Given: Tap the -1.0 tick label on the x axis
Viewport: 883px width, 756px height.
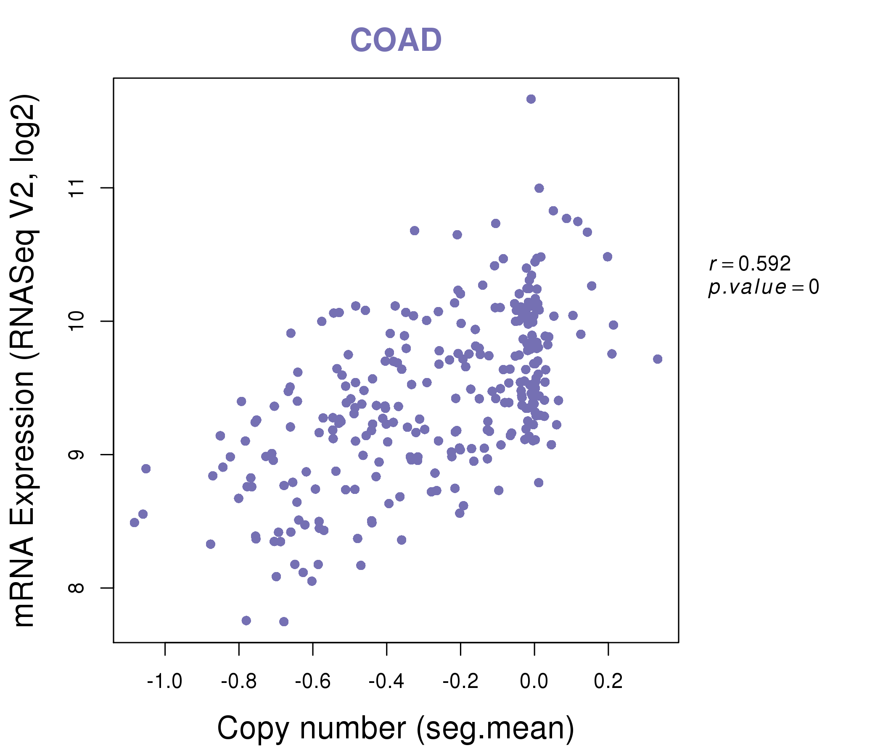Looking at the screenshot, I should pyautogui.click(x=164, y=682).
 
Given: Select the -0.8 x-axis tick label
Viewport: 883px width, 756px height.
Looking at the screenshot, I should pyautogui.click(x=239, y=682).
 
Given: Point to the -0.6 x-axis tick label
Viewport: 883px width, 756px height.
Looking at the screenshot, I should pyautogui.click(x=313, y=682).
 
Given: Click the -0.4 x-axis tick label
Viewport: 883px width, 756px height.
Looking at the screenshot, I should pyautogui.click(x=386, y=682).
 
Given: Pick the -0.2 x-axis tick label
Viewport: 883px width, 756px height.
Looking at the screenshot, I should pyautogui.click(x=460, y=682).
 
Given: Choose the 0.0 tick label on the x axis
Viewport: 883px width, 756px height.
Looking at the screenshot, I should pyautogui.click(x=534, y=682).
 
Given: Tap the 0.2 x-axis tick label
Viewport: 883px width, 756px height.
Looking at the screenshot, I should pyautogui.click(x=608, y=682).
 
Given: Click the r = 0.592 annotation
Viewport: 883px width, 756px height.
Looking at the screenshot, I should pyautogui.click(x=750, y=264).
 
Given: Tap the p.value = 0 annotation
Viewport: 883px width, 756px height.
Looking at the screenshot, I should pyautogui.click(x=763, y=287).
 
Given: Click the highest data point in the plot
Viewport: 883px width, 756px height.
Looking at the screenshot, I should pyautogui.click(x=531, y=99).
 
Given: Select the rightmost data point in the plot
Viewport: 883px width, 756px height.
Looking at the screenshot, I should pyautogui.click(x=658, y=359).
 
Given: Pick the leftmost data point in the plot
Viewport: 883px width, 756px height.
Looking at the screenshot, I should pyautogui.click(x=135, y=522).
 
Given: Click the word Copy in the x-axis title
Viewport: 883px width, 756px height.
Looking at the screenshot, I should pyautogui.click(x=254, y=728).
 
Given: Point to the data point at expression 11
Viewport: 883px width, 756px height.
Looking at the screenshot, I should pyautogui.click(x=539, y=188).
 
